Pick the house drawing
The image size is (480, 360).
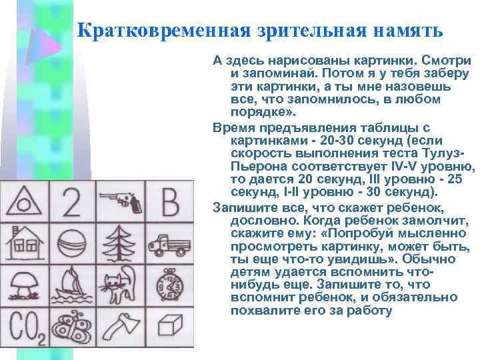24,243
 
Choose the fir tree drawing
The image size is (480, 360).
120,243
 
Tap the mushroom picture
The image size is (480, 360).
24,285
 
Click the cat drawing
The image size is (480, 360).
120,285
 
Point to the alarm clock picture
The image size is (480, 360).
169,285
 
